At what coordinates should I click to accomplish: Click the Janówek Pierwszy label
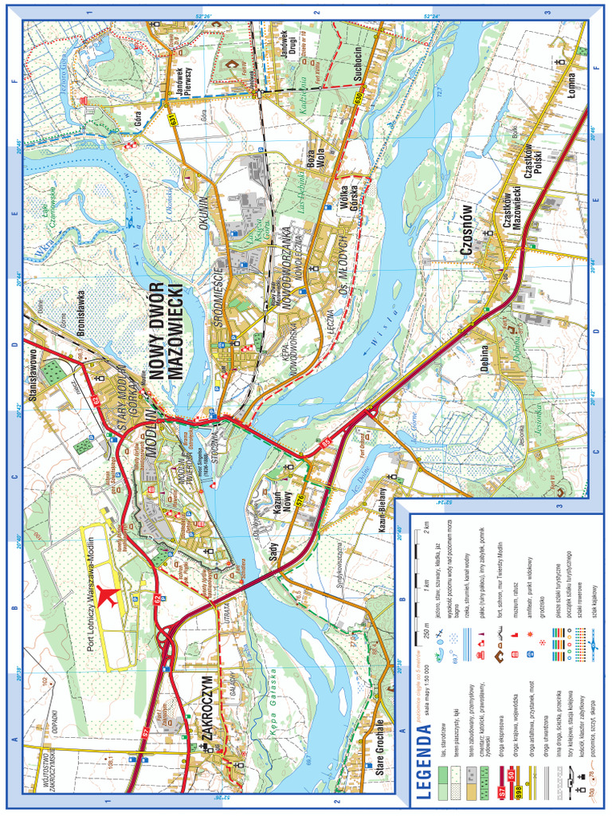pyautogui.click(x=181, y=83)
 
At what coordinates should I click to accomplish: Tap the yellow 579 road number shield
pyautogui.click(x=300, y=500)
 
